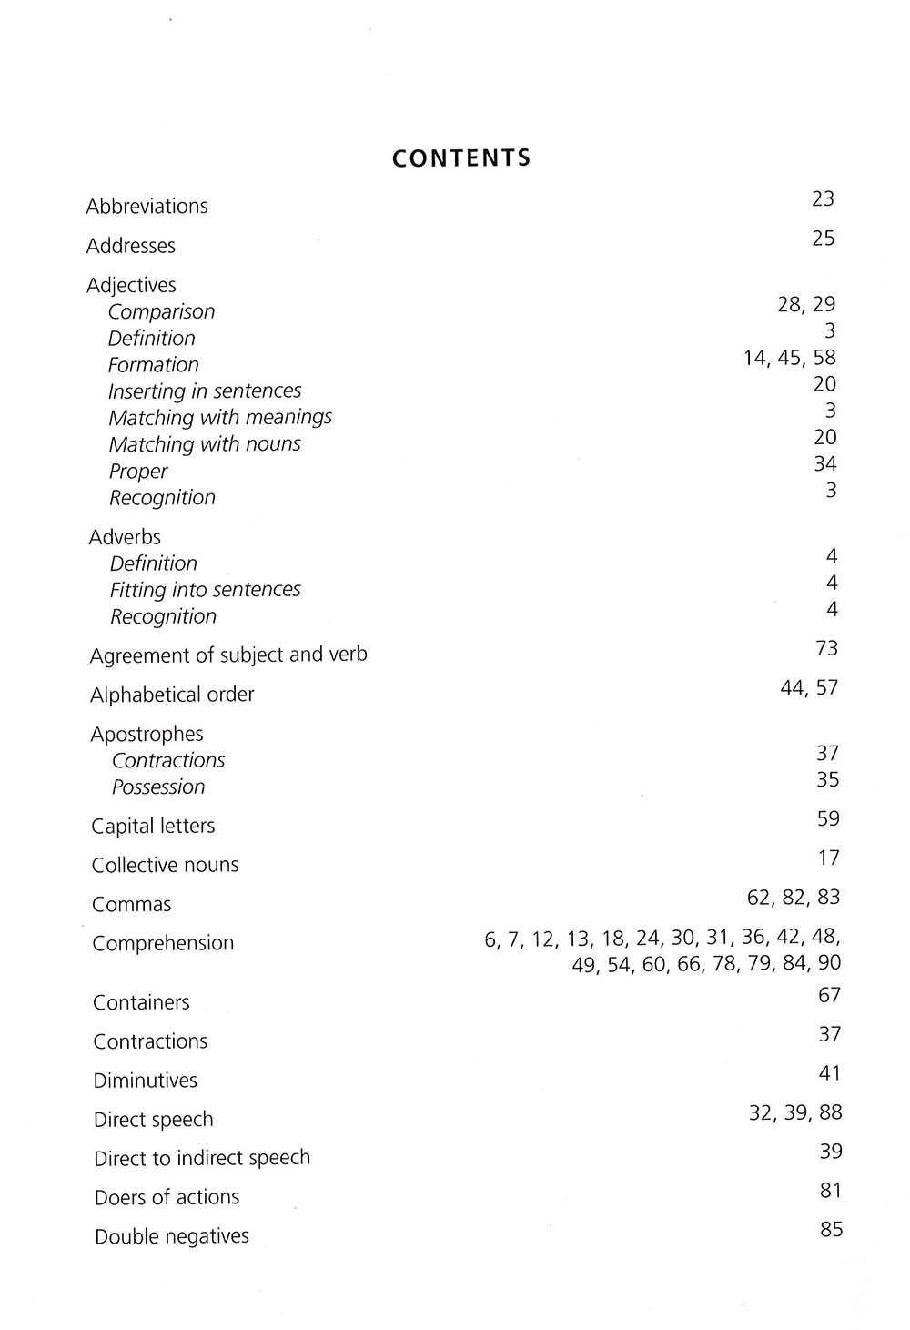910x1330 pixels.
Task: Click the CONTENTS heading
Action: pyautogui.click(x=460, y=158)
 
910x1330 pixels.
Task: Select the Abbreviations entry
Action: pyautogui.click(x=147, y=207)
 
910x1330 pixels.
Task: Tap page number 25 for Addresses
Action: pyautogui.click(x=823, y=239)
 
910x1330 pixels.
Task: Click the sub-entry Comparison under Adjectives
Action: pyautogui.click(x=161, y=311)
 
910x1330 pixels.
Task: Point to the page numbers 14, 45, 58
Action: pyautogui.click(x=789, y=358)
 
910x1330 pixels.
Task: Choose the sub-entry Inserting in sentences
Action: pyautogui.click(x=205, y=391)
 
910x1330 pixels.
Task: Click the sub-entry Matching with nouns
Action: pyautogui.click(x=205, y=444)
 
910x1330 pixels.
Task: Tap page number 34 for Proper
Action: pyautogui.click(x=824, y=464)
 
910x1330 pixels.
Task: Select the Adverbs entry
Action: pyautogui.click(x=125, y=537)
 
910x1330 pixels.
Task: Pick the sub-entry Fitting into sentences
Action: pyautogui.click(x=205, y=590)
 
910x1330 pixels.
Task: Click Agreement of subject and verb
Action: pyautogui.click(x=228, y=655)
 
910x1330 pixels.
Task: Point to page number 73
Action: pyautogui.click(x=827, y=649)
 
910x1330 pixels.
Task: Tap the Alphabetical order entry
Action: pyautogui.click(x=172, y=695)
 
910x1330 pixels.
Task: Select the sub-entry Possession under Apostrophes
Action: pyautogui.click(x=158, y=787)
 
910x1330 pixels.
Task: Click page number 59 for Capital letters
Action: pyautogui.click(x=828, y=819)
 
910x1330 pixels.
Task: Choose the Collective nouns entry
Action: pyautogui.click(x=165, y=865)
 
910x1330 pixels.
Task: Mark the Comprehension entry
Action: pyautogui.click(x=163, y=943)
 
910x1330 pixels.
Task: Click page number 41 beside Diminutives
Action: pyautogui.click(x=830, y=1074)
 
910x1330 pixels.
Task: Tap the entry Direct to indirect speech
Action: pyautogui.click(x=202, y=1158)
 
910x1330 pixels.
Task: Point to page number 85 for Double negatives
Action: pyautogui.click(x=831, y=1230)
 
